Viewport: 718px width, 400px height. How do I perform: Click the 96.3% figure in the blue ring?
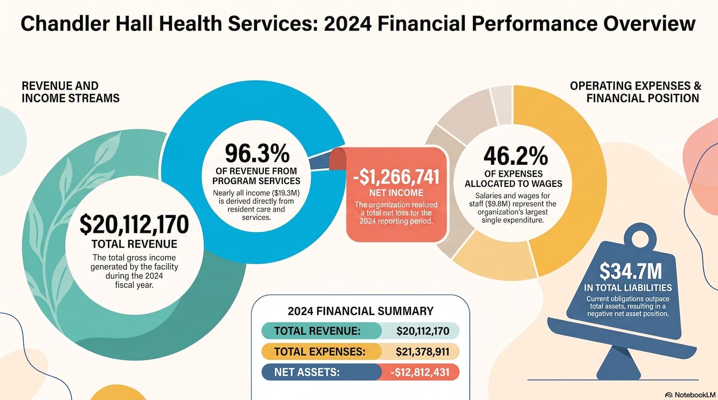[257, 153]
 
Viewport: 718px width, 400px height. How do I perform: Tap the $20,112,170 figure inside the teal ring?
[134, 224]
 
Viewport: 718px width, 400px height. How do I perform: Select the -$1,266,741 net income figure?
[396, 177]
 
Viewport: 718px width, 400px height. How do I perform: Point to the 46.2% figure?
[516, 156]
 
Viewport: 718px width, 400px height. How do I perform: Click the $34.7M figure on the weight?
[630, 271]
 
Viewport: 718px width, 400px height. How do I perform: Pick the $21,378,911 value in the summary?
[423, 352]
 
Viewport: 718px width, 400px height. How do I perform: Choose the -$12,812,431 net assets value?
[420, 372]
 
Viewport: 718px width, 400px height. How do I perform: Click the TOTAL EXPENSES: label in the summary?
[320, 352]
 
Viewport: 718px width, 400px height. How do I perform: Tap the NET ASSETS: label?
[307, 372]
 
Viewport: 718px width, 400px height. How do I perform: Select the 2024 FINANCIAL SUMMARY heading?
[360, 311]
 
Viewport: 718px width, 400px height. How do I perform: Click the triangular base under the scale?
[618, 364]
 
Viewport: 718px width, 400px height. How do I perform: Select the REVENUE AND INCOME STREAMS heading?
[70, 92]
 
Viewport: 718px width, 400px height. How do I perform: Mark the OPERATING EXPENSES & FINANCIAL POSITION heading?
[636, 92]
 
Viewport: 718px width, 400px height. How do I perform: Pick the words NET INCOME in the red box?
[396, 193]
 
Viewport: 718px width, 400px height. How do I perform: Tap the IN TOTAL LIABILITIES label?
[628, 288]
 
